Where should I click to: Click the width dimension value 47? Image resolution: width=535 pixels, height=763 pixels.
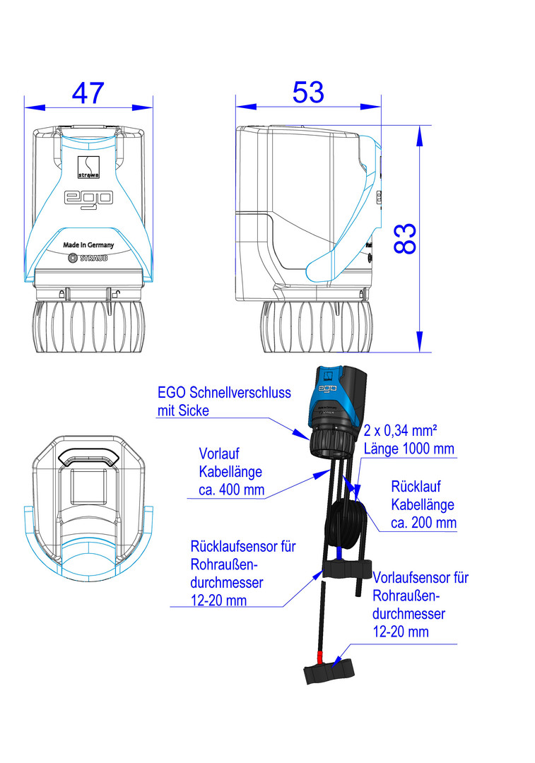point(88,93)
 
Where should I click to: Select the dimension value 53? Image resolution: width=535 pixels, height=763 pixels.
point(308,92)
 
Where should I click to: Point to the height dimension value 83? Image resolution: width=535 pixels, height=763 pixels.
point(405,239)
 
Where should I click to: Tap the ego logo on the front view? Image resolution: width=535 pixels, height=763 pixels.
point(88,199)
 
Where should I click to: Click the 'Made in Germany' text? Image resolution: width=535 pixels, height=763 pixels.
point(88,244)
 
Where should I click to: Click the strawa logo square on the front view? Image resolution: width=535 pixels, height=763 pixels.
point(88,167)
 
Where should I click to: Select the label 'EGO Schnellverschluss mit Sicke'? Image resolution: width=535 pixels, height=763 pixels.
point(224,401)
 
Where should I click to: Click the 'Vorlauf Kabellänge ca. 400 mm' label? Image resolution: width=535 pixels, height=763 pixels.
point(231,471)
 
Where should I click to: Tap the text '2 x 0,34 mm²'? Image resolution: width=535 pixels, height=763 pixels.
point(400,430)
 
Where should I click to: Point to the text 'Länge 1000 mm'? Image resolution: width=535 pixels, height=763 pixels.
point(409,449)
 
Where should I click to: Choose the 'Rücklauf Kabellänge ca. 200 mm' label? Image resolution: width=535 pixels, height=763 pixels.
point(423,504)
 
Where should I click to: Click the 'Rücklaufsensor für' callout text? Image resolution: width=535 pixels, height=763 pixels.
point(243,546)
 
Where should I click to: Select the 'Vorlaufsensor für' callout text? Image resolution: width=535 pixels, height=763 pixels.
point(421,578)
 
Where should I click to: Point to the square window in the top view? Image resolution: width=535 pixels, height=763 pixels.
point(88,487)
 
